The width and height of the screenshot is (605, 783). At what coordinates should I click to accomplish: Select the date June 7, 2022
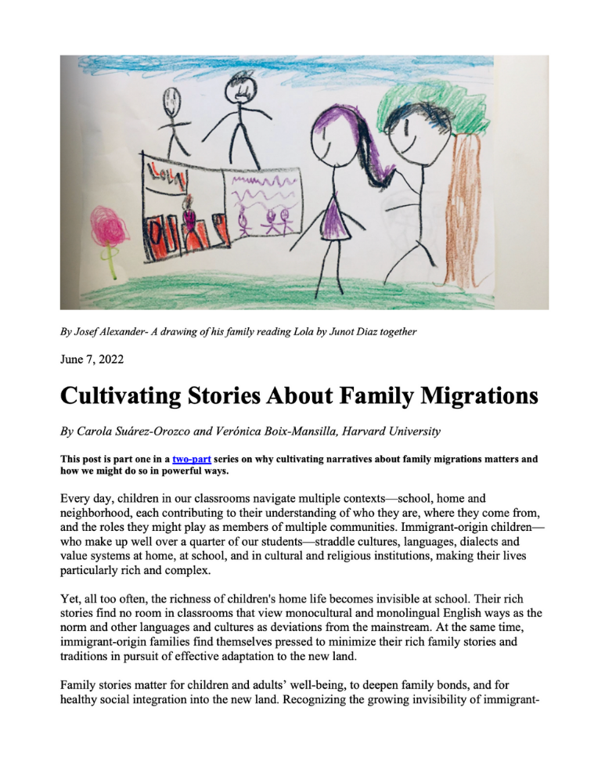pyautogui.click(x=95, y=361)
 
